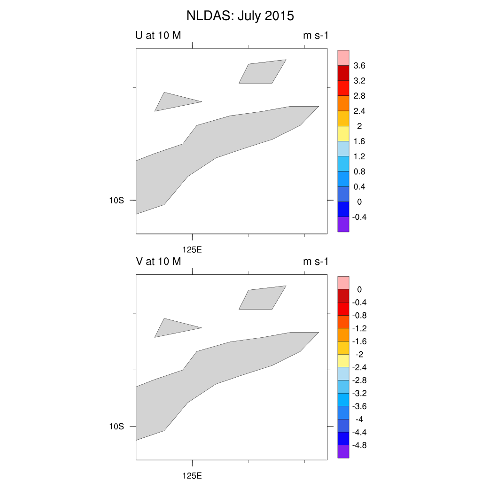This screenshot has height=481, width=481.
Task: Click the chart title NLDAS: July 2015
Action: point(240,16)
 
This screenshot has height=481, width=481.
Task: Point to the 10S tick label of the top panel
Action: point(116,200)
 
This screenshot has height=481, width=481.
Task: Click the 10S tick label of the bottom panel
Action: point(116,427)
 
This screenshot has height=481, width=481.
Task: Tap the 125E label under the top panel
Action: point(192,249)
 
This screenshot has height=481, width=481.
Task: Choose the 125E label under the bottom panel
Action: point(192,475)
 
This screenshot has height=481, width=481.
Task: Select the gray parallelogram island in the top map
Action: point(263,72)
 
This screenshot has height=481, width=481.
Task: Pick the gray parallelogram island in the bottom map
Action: point(263,298)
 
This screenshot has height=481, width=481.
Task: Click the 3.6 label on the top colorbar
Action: point(359,66)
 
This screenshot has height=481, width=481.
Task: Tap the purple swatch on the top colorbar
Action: point(343,225)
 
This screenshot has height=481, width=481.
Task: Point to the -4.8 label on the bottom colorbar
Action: point(359,445)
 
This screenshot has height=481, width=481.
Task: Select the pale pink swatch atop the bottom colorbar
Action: point(343,283)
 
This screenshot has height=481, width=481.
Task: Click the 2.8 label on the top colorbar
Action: point(359,96)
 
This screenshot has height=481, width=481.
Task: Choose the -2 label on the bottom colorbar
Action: point(359,354)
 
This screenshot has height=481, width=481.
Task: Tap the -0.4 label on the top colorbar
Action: point(359,217)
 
